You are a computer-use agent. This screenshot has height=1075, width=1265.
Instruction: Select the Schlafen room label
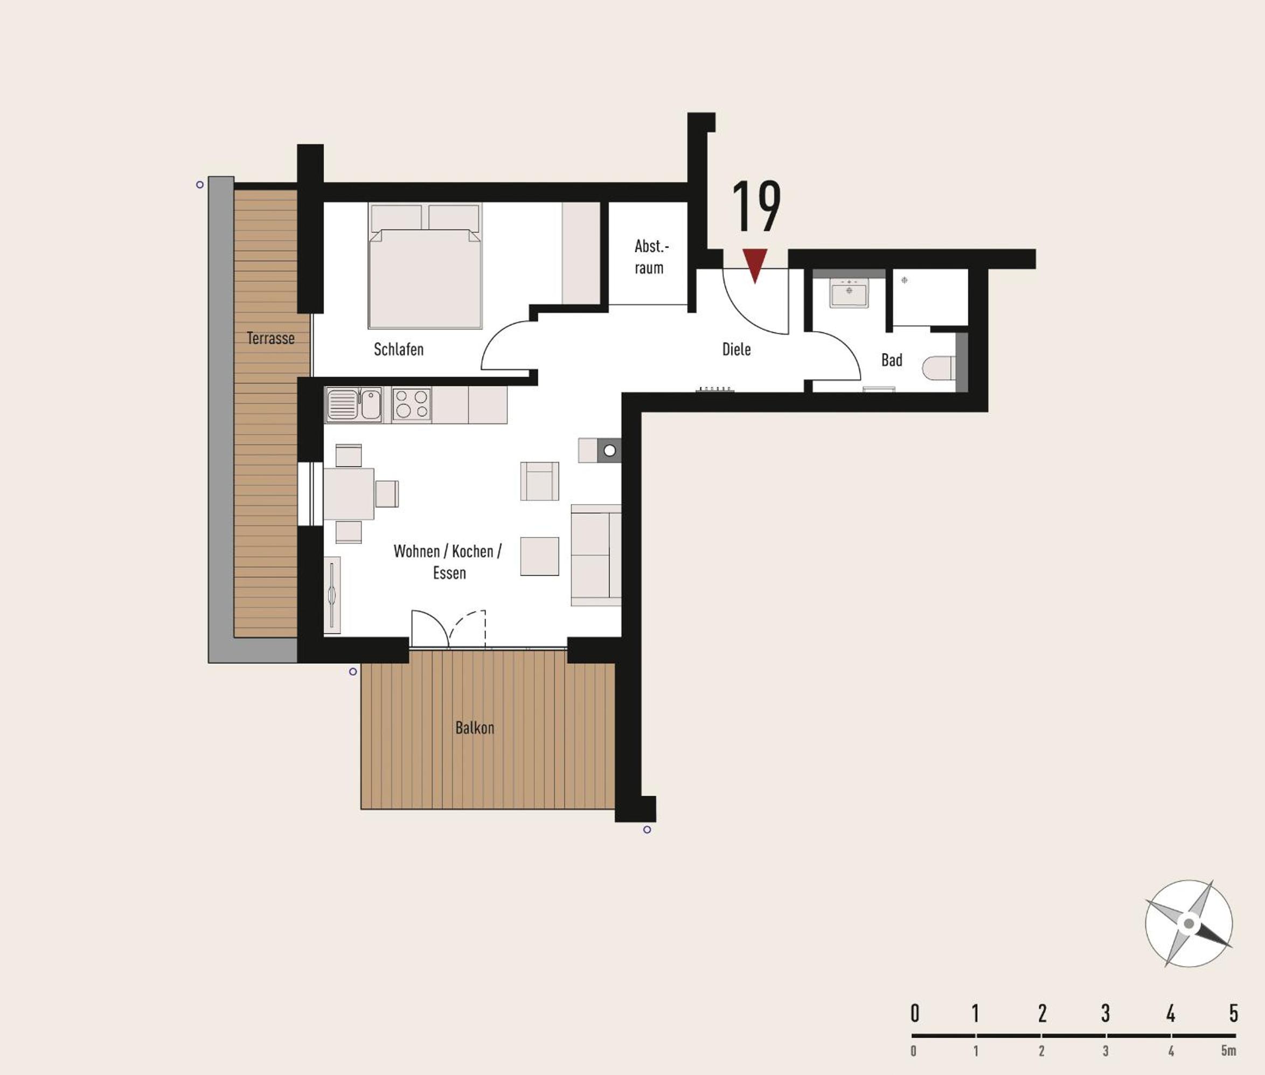click(398, 349)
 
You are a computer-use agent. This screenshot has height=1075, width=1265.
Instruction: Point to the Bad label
click(891, 360)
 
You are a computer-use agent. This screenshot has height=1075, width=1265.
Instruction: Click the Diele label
click(736, 349)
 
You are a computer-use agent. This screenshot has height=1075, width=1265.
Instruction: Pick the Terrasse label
click(270, 338)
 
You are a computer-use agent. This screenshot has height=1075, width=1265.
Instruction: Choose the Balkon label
click(474, 728)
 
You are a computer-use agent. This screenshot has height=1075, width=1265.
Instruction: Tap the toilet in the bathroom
click(939, 368)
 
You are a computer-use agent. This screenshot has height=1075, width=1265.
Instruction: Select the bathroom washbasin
click(849, 292)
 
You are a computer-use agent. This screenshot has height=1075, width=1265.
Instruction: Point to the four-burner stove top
click(412, 404)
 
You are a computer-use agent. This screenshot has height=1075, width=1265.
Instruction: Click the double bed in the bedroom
click(425, 266)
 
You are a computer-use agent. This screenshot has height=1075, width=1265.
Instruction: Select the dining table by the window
click(349, 494)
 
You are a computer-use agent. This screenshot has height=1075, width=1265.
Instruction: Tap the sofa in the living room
click(596, 555)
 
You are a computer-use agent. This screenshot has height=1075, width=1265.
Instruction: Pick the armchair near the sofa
click(539, 481)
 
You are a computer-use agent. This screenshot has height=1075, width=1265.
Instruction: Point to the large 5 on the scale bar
click(1234, 1014)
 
